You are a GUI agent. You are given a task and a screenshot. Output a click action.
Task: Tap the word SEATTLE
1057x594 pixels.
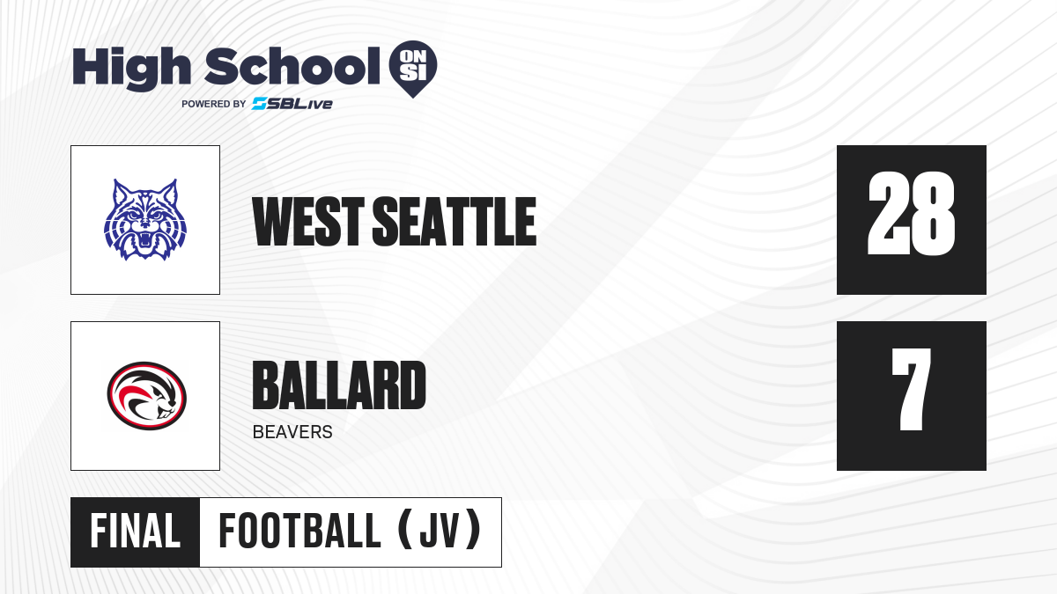tap(455, 222)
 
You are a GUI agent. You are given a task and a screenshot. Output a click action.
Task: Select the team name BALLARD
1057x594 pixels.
tap(339, 385)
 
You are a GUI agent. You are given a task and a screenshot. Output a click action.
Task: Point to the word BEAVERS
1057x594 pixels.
tap(292, 432)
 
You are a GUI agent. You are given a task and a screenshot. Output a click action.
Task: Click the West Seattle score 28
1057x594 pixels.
tap(911, 214)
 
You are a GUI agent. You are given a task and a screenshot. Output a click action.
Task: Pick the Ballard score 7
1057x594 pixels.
tap(911, 389)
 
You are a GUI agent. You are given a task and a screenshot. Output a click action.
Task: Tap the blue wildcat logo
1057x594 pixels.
tap(145, 219)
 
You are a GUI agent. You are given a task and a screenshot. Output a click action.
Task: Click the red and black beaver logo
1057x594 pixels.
tap(147, 396)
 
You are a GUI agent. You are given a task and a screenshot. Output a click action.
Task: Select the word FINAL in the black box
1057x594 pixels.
tap(135, 532)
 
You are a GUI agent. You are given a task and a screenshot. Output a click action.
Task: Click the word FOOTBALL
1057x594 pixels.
tap(299, 532)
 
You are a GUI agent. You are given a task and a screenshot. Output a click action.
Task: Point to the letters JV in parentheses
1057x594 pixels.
tap(440, 532)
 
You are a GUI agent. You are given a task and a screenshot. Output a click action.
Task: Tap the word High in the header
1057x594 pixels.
tap(131, 68)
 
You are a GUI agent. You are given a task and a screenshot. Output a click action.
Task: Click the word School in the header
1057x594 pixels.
tap(292, 66)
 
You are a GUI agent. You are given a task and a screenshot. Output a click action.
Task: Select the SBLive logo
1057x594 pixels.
tap(292, 104)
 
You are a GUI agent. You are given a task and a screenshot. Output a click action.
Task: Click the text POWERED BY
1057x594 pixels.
tap(213, 104)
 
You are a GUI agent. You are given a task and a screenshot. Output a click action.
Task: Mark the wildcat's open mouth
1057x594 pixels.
tap(144, 239)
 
